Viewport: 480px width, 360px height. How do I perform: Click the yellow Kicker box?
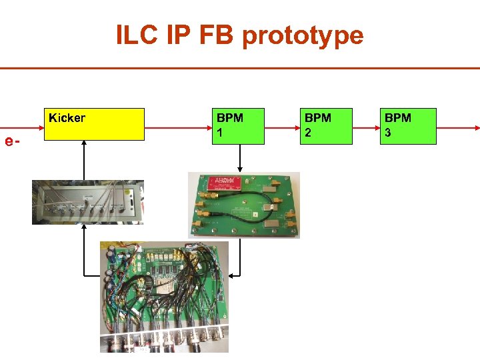point(93,124)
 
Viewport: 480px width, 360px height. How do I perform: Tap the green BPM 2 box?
point(327,126)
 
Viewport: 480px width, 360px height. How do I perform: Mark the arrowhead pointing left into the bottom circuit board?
point(232,275)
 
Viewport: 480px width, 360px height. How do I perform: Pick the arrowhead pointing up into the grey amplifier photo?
point(84,227)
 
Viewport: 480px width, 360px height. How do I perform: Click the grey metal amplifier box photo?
point(87,201)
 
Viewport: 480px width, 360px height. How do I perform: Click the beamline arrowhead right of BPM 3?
point(476,127)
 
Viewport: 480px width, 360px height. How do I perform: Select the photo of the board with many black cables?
point(164,297)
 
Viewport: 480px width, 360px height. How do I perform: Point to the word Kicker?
point(67,118)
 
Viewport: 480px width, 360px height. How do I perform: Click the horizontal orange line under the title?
point(240,68)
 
